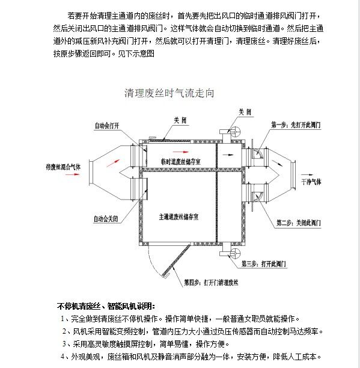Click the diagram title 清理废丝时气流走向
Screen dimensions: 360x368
point(169,93)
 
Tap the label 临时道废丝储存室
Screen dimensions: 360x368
point(180,162)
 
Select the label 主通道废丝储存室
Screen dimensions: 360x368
point(178,217)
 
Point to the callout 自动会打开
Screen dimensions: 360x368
point(107,126)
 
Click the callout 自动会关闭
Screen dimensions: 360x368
point(106,219)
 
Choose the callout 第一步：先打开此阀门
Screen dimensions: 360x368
point(296,125)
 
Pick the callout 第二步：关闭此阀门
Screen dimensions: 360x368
point(299,222)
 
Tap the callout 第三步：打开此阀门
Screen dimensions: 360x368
point(264,264)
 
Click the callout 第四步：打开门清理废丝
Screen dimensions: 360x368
point(211,283)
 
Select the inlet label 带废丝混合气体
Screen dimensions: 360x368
point(63,167)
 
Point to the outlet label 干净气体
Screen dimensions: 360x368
point(311,182)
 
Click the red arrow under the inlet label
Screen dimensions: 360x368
point(73,174)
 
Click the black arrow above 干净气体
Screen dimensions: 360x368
point(307,174)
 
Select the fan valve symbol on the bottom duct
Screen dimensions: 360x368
point(235,254)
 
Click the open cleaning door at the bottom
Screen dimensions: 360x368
point(176,260)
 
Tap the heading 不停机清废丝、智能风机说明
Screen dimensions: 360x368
point(106,306)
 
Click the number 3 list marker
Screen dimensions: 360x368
point(64,344)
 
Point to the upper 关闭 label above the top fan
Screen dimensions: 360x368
point(245,112)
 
